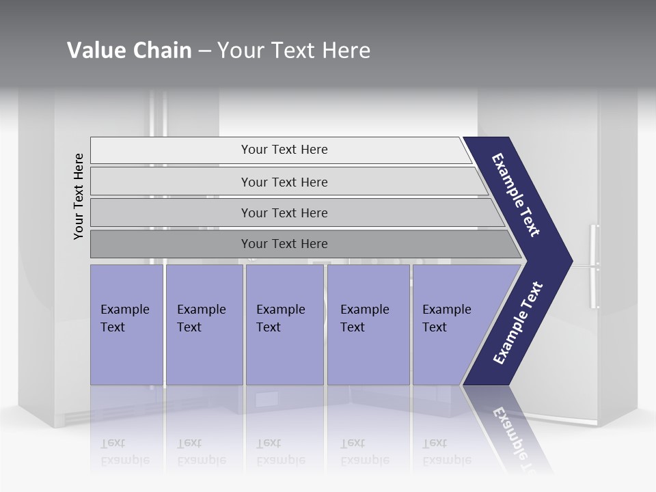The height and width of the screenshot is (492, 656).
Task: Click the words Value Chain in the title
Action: pyautogui.click(x=129, y=51)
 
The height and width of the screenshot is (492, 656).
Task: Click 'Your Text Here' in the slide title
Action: pyautogui.click(x=293, y=51)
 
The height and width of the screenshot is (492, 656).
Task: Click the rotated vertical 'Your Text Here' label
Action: pyautogui.click(x=79, y=196)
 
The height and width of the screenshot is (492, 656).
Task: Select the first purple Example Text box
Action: pyautogui.click(x=126, y=324)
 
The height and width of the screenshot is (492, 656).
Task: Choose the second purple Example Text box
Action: pyautogui.click(x=204, y=324)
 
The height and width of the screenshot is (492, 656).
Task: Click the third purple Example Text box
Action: pyautogui.click(x=284, y=324)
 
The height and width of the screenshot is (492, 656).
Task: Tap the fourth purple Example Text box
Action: pyautogui.click(x=368, y=324)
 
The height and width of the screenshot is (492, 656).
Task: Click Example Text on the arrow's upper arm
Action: pyautogui.click(x=516, y=195)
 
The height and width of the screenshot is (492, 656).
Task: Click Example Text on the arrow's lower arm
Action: pyautogui.click(x=518, y=323)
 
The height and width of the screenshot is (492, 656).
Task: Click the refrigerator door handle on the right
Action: pyautogui.click(x=594, y=266)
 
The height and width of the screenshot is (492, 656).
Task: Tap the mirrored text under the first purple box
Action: pyautogui.click(x=125, y=452)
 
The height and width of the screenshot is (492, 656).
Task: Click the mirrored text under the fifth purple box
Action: pyautogui.click(x=447, y=452)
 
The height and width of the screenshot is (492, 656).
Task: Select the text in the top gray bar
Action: pyautogui.click(x=284, y=150)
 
